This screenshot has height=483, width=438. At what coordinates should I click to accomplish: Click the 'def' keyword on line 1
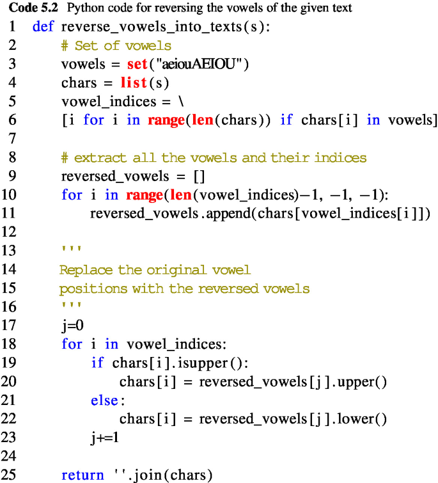(x=43, y=28)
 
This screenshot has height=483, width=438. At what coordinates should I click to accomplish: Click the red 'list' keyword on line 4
(x=134, y=83)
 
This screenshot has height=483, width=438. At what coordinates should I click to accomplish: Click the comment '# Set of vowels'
(x=116, y=46)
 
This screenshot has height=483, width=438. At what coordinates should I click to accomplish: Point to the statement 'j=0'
(x=73, y=325)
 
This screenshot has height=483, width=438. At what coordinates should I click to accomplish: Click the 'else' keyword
(x=104, y=400)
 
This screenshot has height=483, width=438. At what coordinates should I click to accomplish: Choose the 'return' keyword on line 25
(x=82, y=475)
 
